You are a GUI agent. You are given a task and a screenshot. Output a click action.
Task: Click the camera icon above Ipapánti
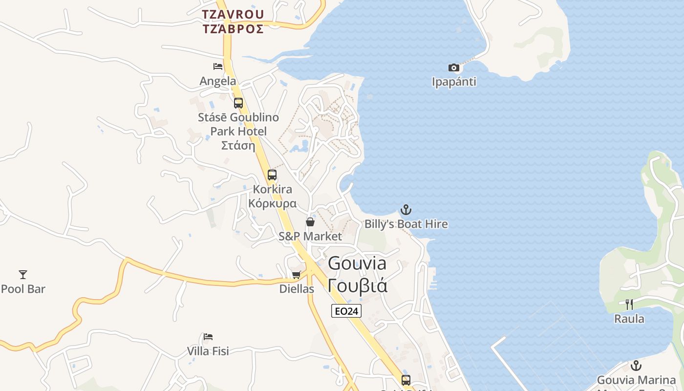(454, 67)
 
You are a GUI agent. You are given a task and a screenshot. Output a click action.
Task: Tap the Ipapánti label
(454, 82)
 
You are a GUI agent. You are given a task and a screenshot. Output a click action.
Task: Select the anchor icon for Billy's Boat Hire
(406, 210)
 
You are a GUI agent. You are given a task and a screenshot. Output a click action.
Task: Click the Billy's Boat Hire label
(406, 224)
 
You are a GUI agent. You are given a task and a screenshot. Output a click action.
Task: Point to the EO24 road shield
(346, 311)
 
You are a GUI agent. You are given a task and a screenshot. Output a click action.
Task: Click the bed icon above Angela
(218, 66)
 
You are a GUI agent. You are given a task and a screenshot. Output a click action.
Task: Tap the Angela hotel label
(218, 81)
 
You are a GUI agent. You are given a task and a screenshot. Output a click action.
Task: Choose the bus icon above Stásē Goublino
(238, 103)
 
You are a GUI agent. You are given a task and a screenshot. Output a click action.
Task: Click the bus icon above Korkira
(272, 175)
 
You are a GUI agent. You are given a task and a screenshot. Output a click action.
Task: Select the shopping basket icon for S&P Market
(310, 222)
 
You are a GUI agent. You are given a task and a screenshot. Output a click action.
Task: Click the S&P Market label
(310, 236)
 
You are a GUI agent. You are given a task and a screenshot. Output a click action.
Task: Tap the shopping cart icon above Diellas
(296, 275)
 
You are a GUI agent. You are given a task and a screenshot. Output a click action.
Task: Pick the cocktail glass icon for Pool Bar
(23, 275)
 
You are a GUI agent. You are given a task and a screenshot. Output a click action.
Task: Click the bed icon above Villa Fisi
(208, 337)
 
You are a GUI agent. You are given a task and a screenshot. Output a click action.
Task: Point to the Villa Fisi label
(208, 351)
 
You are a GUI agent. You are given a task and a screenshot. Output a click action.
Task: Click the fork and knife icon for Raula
(629, 304)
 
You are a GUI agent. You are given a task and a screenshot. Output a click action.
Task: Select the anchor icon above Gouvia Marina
(636, 366)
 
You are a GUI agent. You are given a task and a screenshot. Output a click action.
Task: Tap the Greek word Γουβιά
(358, 285)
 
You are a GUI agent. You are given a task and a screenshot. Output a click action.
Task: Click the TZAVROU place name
(234, 14)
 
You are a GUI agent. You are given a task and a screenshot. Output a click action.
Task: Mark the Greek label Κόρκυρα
(272, 203)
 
